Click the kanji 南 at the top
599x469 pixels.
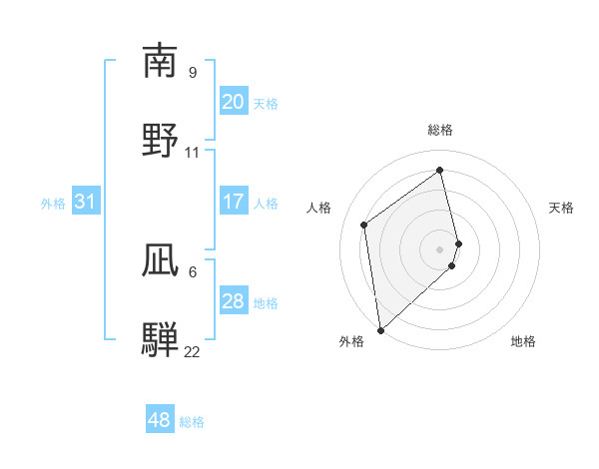pyautogui.click(x=160, y=61)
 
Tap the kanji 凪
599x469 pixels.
pyautogui.click(x=160, y=261)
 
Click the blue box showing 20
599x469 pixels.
pyautogui.click(x=234, y=102)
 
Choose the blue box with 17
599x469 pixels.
pyautogui.click(x=234, y=202)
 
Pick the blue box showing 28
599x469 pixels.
pyautogui.click(x=234, y=301)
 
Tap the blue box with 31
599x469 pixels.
pyautogui.click(x=86, y=202)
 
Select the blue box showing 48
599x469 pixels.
pyautogui.click(x=160, y=420)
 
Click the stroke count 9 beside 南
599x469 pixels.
pyautogui.click(x=193, y=73)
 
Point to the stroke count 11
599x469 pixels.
pyautogui.click(x=193, y=153)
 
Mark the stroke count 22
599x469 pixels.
pyautogui.click(x=193, y=351)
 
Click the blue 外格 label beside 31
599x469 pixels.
pyautogui.click(x=53, y=203)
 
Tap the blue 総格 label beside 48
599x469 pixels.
pyautogui.click(x=192, y=422)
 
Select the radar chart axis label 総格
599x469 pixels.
pyautogui.click(x=440, y=130)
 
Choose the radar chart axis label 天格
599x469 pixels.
pyautogui.click(x=561, y=208)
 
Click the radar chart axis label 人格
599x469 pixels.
pyautogui.click(x=318, y=208)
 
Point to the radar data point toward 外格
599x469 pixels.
pyautogui.click(x=379, y=329)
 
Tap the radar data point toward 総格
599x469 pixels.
pyautogui.click(x=440, y=170)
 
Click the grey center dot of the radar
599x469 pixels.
pyautogui.click(x=440, y=248)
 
